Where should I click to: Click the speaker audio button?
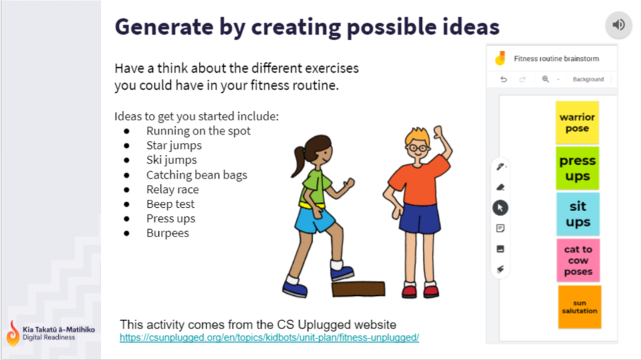(618, 25)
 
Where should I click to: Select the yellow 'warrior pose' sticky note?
(577, 122)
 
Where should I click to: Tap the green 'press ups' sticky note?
(578, 168)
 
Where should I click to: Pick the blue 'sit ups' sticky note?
(578, 214)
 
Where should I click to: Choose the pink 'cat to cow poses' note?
(578, 260)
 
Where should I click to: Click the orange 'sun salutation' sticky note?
(580, 307)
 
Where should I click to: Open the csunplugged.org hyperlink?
(269, 337)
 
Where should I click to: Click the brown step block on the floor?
(359, 289)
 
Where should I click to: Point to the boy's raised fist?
(438, 132)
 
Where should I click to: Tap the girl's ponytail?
(298, 162)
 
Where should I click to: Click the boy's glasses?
(417, 148)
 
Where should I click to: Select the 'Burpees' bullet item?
(168, 233)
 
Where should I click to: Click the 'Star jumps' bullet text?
(174, 145)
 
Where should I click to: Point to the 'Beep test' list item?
(170, 204)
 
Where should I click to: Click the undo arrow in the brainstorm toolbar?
(503, 79)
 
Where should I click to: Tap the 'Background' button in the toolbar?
(588, 79)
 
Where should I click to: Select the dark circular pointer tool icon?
(500, 208)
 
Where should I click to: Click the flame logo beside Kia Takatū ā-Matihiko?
(13, 333)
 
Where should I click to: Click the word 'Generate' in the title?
(164, 27)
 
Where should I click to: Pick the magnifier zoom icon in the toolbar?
(546, 79)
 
